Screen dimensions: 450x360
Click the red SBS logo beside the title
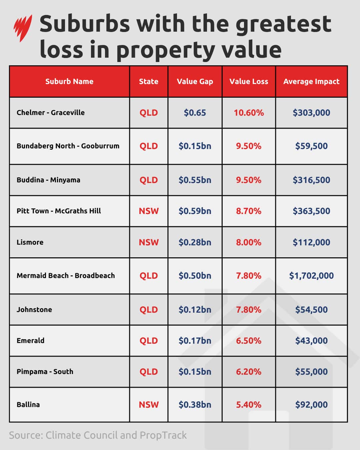coord(23,28)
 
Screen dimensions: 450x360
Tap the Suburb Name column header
coord(69,81)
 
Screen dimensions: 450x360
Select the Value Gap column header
coord(195,81)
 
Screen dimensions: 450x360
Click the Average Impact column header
coord(311,81)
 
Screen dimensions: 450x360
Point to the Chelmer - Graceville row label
coord(51,113)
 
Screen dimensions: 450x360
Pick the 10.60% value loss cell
coord(249,113)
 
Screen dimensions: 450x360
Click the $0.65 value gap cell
coord(195,113)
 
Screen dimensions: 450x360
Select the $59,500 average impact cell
coord(311,146)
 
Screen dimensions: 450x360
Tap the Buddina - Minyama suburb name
coord(48,180)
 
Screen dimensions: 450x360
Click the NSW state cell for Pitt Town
coord(149,211)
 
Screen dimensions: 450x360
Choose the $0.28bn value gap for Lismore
coord(195,242)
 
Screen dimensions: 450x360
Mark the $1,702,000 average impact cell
coord(311,276)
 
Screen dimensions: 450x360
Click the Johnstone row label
coord(34,310)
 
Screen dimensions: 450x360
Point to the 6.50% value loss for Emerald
coord(249,341)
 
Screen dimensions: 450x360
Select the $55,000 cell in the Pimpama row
coord(311,372)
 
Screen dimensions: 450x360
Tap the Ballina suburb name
coord(28,405)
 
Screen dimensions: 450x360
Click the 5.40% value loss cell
coord(249,405)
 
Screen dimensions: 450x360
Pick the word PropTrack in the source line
coord(163,435)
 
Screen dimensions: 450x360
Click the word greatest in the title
coord(283,24)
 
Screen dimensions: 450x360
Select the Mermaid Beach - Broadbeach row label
coord(66,276)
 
